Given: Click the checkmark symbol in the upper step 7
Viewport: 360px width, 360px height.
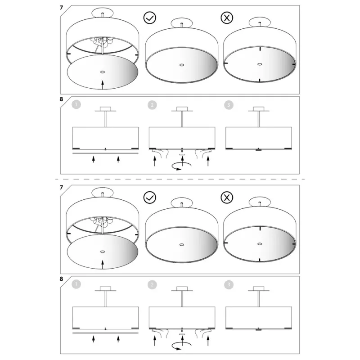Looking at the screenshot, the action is coord(150,18).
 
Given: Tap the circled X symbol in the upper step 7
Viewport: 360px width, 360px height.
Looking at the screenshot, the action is coord(227,18).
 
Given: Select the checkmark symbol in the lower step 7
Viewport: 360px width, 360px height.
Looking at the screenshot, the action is coord(150,198).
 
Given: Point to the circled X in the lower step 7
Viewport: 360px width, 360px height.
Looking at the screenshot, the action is coord(227,198).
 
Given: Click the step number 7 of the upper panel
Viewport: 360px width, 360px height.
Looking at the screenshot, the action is coord(61,8).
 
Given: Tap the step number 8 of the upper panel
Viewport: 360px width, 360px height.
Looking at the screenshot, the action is coord(61,99).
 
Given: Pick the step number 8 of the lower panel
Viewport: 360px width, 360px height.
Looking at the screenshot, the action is coord(61,279).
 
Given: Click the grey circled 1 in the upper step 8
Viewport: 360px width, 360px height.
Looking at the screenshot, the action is coord(76,105).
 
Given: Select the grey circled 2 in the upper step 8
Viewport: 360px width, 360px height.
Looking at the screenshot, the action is coord(152,105).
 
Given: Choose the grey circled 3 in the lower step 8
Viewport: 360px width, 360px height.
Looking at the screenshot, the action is coord(229,285).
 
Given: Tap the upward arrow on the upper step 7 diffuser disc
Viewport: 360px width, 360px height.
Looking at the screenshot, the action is coord(103,85).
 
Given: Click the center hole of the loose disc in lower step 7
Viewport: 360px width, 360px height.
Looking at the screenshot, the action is coord(103,252).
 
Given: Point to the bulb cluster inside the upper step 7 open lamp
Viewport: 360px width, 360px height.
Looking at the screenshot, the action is coord(102,42).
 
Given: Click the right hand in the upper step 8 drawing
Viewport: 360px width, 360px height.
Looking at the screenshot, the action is coord(203,153).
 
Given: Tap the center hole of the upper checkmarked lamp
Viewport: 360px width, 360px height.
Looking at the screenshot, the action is coord(182,65).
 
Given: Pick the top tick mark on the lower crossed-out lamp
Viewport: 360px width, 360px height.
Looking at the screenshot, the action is coord(260,229).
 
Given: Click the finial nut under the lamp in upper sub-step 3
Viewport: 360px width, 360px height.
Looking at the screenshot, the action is coord(258,150).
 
